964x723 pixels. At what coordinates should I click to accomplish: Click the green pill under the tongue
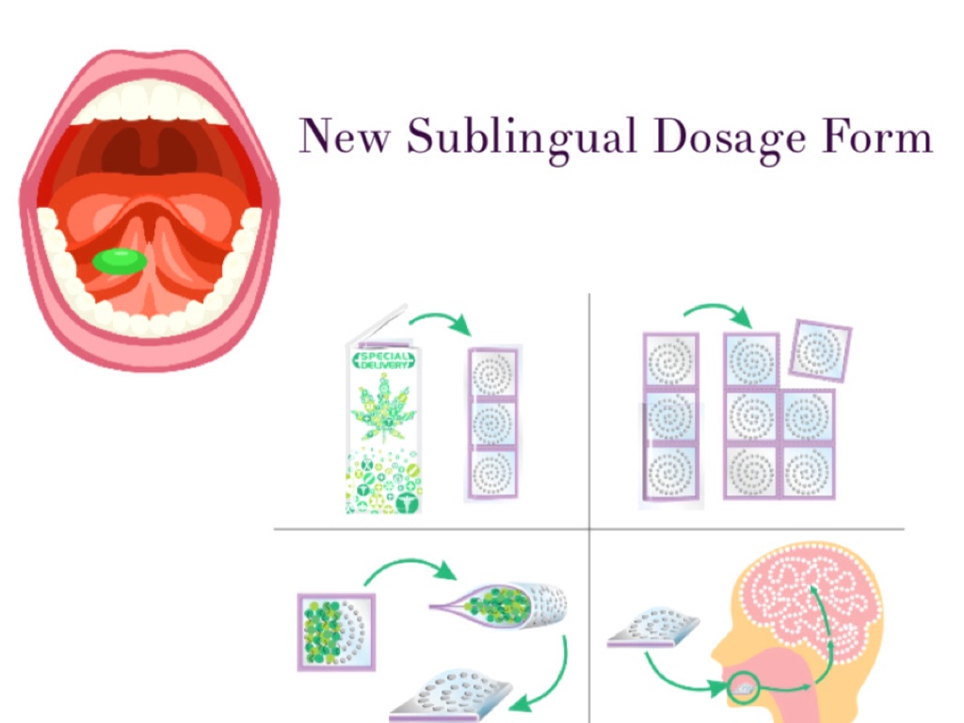120,261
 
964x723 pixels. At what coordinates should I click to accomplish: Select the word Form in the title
876,137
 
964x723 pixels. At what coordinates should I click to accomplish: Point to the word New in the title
344,137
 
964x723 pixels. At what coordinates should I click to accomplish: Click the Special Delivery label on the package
383,361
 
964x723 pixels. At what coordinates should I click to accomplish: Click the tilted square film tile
819,351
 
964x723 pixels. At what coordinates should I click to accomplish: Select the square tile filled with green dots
335,631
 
